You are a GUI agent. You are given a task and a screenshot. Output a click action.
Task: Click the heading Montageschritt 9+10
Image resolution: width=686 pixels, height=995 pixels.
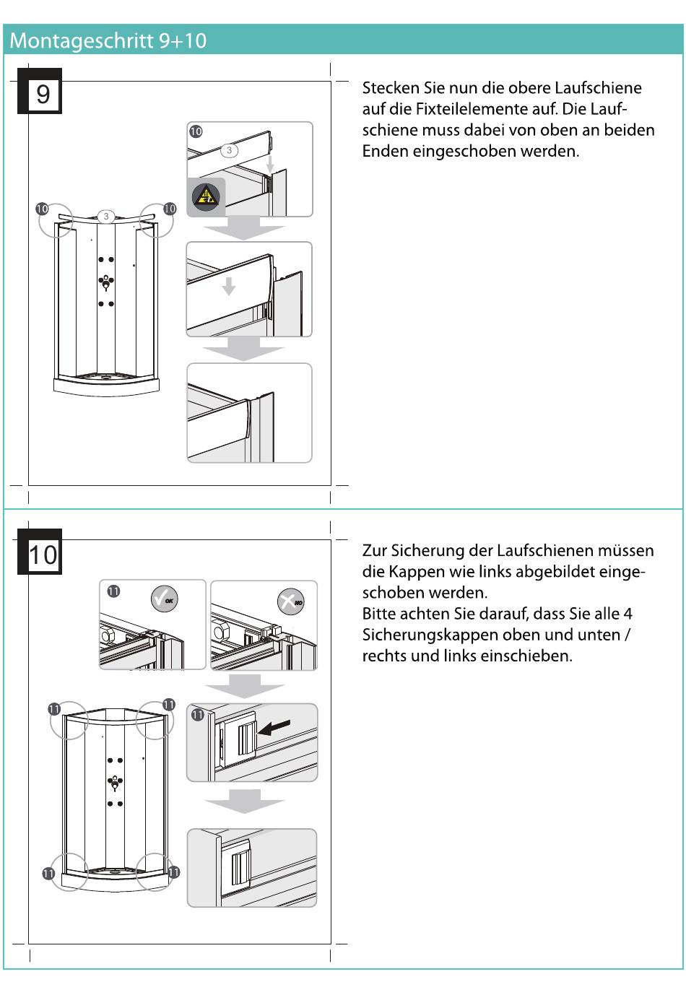[108, 40]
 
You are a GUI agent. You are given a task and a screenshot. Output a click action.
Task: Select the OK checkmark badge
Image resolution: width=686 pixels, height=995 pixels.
[164, 599]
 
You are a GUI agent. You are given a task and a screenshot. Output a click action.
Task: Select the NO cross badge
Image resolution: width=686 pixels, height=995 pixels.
[290, 601]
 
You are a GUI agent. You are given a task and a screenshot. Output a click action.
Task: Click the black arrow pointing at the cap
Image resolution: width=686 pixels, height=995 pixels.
[274, 727]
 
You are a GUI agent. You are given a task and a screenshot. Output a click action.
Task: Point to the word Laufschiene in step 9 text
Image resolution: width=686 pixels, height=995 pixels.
[598, 88]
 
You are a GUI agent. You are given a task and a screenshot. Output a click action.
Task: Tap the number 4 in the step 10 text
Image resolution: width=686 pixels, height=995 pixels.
[628, 614]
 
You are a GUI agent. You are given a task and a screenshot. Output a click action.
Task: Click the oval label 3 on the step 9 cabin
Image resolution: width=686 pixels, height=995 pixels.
[106, 216]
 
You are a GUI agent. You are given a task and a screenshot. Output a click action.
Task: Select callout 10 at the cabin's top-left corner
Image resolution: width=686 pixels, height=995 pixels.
[42, 209]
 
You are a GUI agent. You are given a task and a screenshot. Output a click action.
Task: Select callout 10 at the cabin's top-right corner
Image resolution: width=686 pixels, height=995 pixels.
[170, 209]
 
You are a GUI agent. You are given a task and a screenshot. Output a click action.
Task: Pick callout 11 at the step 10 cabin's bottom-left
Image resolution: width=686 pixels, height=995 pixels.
[48, 873]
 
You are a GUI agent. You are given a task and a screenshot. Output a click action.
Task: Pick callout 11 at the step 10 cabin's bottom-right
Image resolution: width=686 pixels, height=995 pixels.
[173, 872]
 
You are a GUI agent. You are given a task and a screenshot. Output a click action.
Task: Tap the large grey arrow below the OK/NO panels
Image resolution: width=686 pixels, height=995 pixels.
[245, 686]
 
